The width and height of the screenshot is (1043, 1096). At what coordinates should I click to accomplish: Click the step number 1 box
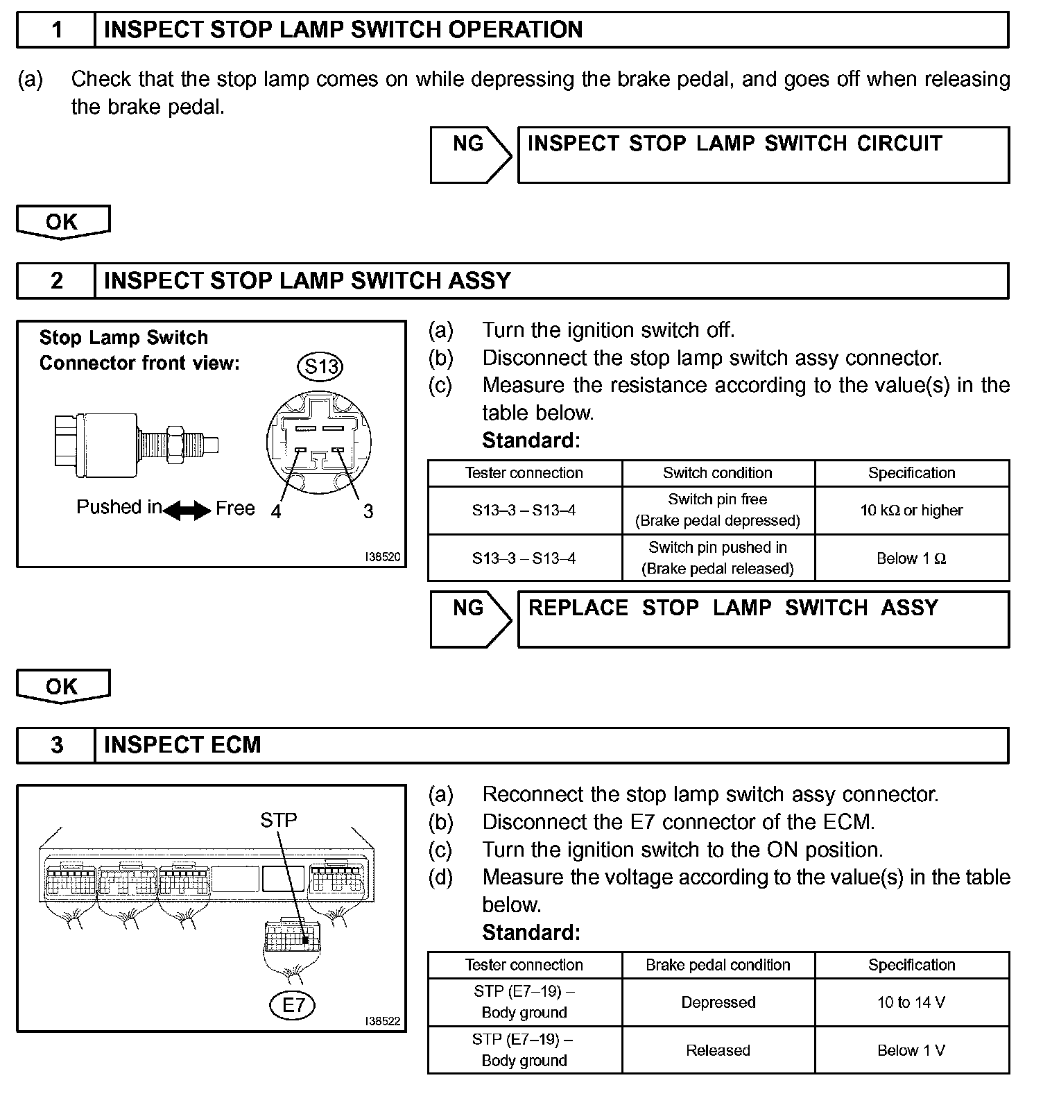click(x=56, y=30)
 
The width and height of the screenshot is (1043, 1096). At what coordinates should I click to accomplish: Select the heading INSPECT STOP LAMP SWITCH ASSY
click(x=307, y=280)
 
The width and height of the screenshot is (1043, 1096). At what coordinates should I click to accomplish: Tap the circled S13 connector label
click(x=320, y=366)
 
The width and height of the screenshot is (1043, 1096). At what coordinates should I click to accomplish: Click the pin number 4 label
click(x=276, y=512)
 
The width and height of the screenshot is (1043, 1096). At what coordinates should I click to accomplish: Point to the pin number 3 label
click(x=368, y=512)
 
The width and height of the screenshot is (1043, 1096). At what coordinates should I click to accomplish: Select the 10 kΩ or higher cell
click(x=911, y=511)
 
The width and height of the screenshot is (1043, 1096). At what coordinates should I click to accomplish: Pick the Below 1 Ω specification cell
click(x=911, y=558)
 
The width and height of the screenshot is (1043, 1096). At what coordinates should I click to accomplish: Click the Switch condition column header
click(x=718, y=473)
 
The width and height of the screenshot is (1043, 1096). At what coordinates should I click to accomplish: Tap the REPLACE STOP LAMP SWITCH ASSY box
click(x=763, y=619)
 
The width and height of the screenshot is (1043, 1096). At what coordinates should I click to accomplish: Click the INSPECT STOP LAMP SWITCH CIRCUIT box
click(x=763, y=154)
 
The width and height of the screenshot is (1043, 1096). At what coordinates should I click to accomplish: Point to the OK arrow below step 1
click(x=62, y=222)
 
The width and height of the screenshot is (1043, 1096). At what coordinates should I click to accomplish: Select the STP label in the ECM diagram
click(x=278, y=821)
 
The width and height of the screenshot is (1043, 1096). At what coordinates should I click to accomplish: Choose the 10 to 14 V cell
click(x=911, y=1002)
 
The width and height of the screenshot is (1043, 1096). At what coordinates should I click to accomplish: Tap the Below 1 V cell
click(x=911, y=1050)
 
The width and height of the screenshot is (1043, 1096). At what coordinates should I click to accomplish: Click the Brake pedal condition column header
click(x=718, y=965)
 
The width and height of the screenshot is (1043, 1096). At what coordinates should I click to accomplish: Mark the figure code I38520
click(x=383, y=557)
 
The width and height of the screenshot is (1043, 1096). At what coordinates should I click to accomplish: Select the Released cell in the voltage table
click(x=718, y=1050)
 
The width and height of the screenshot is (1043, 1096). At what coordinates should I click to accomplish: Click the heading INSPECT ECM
click(x=182, y=745)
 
